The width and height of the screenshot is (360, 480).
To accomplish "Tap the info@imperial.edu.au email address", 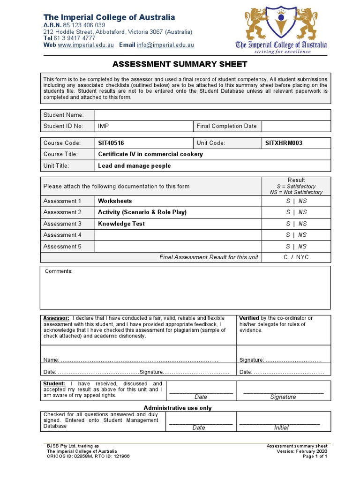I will click(x=166, y=45).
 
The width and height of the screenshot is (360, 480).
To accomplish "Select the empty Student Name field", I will click(x=213, y=115).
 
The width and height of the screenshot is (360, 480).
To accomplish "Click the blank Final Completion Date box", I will click(x=296, y=126).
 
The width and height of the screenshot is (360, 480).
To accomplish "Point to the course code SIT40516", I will click(x=111, y=143).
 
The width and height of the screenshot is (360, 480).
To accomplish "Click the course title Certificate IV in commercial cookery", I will click(x=150, y=154).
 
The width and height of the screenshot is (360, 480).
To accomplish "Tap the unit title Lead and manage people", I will click(x=134, y=165).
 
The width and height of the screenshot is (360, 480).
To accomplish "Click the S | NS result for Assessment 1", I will click(x=296, y=201).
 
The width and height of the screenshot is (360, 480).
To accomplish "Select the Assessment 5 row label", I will click(x=62, y=246).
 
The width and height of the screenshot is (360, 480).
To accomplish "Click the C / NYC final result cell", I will click(x=296, y=257).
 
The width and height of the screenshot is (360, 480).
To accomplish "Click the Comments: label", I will click(x=59, y=271).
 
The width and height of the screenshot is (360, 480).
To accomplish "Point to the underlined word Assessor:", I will click(x=56, y=318).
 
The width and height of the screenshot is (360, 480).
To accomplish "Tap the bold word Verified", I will click(x=249, y=318).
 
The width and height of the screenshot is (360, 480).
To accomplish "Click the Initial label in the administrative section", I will click(x=281, y=427).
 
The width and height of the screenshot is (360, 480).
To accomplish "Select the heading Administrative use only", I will click(x=178, y=408).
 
